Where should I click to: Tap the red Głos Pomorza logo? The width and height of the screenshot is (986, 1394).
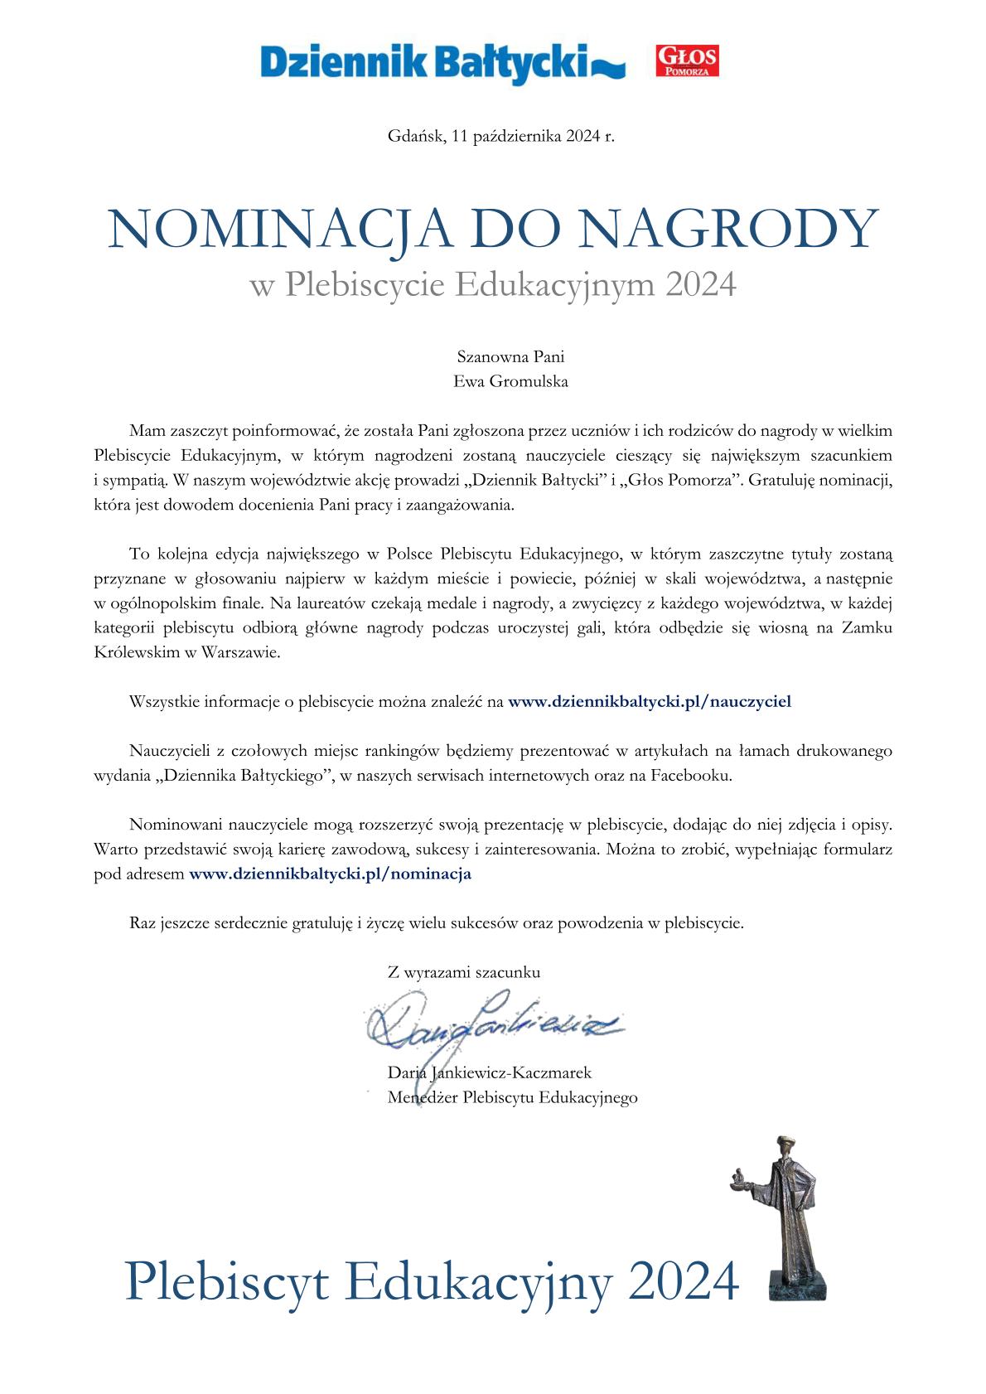687,61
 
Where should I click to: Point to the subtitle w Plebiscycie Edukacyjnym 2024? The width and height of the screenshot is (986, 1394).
493,285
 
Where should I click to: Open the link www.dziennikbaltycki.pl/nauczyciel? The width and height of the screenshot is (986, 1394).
650,701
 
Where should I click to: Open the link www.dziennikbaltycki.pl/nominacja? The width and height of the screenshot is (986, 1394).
331,874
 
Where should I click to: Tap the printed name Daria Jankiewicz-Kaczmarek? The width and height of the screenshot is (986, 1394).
490,1073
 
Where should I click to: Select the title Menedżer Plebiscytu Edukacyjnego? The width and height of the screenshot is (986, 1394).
512,1098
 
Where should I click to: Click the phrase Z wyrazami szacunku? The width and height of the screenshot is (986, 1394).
464,972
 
